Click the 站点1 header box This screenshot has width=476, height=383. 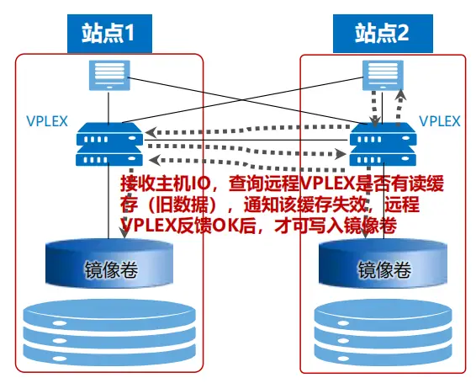coord(109,34)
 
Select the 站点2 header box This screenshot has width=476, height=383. coord(383,34)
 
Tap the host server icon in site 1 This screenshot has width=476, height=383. coord(109,76)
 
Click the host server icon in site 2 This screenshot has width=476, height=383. coord(383,76)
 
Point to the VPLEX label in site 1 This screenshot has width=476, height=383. coord(47,121)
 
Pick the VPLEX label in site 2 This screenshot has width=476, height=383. coord(440,121)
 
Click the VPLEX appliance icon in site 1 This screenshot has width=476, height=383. coord(109,144)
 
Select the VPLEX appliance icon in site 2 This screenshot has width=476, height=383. coord(383,144)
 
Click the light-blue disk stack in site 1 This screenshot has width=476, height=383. coord(109,333)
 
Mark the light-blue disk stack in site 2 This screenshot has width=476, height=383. coord(383,333)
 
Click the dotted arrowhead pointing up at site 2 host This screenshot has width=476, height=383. coord(401,94)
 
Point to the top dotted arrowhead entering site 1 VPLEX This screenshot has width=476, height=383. coord(151,132)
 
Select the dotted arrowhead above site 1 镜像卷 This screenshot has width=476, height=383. coord(124,233)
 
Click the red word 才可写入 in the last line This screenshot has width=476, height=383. coord(309,226)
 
